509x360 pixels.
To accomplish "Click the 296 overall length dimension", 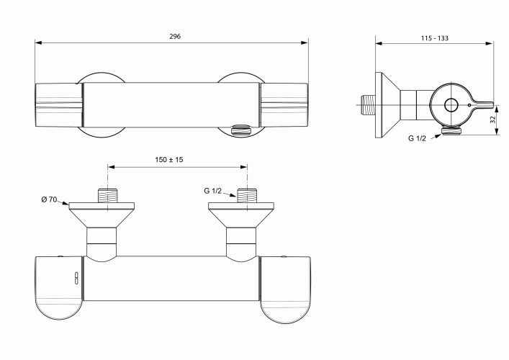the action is click(x=175, y=36).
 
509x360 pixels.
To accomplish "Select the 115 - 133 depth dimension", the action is click(x=435, y=38).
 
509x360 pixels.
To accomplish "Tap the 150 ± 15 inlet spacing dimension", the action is click(x=168, y=160).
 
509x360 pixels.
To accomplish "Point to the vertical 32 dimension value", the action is click(x=493, y=120).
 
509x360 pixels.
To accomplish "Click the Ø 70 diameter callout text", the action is click(x=49, y=199).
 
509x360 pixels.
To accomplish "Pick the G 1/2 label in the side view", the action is click(x=417, y=138).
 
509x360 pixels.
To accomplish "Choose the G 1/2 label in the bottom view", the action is click(x=212, y=191).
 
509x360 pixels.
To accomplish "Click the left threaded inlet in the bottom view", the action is click(x=107, y=195).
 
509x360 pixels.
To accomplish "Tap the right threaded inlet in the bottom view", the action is click(x=247, y=195).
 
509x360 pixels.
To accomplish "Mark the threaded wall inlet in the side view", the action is click(x=369, y=105).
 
